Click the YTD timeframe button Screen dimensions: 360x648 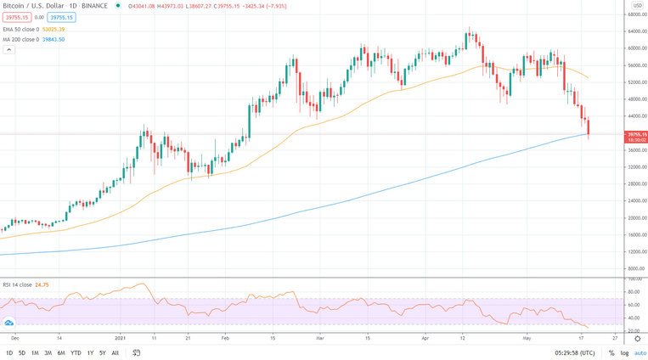(x=76, y=352)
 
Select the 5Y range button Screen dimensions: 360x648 (x=102, y=352)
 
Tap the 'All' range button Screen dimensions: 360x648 (x=116, y=352)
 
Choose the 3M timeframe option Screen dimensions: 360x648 (x=48, y=352)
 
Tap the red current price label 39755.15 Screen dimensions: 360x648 (x=636, y=134)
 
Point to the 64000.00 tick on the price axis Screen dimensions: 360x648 (x=634, y=31)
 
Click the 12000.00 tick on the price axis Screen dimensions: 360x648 (x=634, y=251)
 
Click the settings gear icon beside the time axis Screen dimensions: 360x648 (x=637, y=337)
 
